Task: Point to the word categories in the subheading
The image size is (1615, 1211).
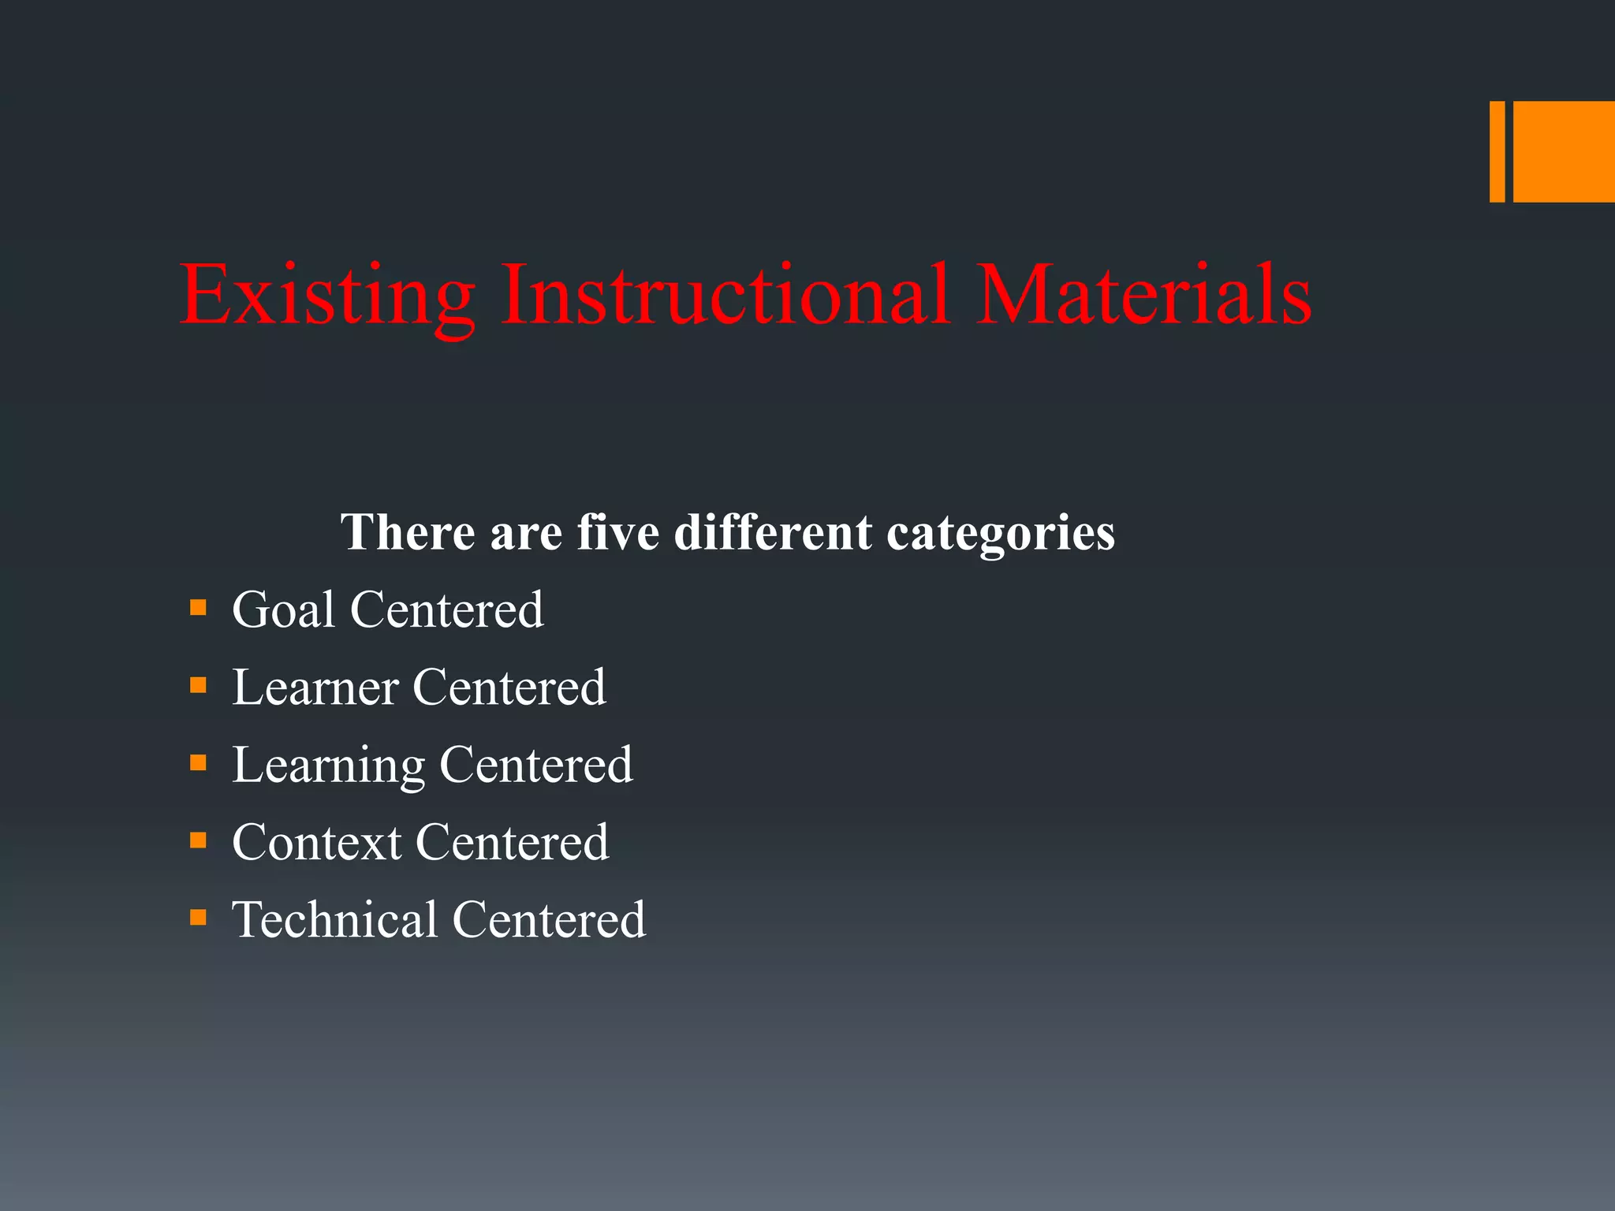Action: point(1001,534)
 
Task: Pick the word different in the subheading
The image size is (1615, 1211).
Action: point(773,532)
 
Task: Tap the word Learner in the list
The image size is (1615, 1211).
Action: point(315,687)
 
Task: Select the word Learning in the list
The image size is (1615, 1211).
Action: point(328,766)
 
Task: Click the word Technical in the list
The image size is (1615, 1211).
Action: point(334,919)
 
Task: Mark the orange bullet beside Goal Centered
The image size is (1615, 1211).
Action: point(198,608)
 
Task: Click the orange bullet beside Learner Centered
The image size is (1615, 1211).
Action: point(198,685)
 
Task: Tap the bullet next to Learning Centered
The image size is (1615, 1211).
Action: point(198,762)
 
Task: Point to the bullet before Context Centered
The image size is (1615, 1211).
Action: point(198,840)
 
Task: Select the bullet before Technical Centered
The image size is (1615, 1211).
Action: point(198,918)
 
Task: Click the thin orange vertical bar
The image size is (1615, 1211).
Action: point(1497,151)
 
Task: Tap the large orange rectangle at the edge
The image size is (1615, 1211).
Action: point(1564,151)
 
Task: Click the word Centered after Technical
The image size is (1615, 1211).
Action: point(549,919)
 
